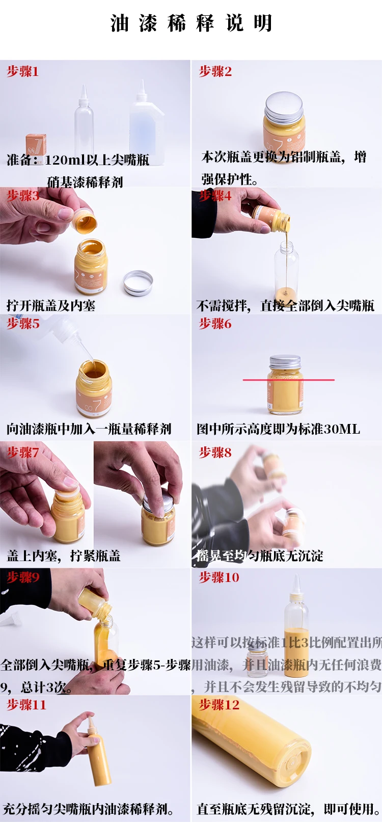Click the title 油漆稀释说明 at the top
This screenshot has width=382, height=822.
click(191, 23)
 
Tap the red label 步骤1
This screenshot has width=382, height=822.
click(22, 71)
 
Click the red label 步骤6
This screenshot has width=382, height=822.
click(215, 324)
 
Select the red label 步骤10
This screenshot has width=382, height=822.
click(219, 577)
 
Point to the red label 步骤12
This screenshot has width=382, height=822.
click(219, 705)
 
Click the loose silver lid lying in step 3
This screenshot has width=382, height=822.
click(138, 283)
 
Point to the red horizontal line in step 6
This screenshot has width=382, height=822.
click(288, 380)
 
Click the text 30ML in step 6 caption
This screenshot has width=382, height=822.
click(342, 429)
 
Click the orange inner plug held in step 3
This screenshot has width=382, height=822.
click(84, 221)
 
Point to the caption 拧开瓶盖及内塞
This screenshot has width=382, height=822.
click(51, 305)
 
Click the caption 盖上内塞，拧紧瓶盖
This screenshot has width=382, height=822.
click(64, 555)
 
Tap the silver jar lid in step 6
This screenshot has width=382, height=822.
click(285, 362)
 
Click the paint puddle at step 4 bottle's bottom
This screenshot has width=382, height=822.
click(286, 295)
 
